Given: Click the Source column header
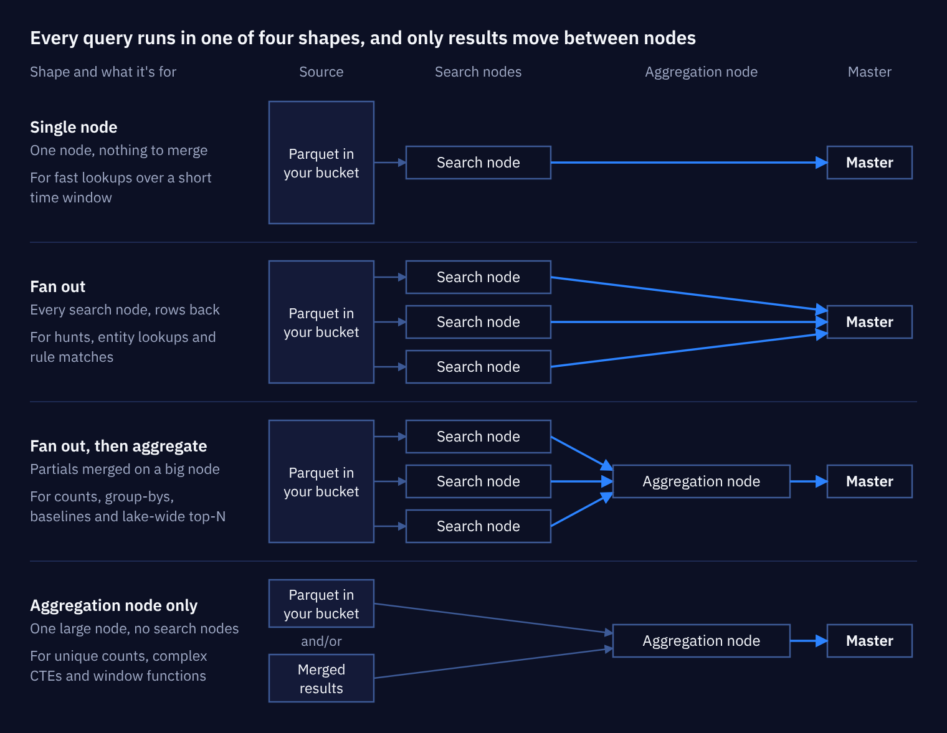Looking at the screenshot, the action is click(x=321, y=72).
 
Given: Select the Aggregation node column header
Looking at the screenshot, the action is click(x=701, y=72).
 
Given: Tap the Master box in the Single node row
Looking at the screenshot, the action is click(x=869, y=163).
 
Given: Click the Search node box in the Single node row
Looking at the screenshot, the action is click(x=478, y=163).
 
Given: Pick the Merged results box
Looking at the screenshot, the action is click(x=321, y=678).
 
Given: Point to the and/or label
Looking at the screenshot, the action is click(x=321, y=641).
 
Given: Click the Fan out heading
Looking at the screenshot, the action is click(x=57, y=286).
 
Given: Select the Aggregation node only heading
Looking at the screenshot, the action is click(x=114, y=605).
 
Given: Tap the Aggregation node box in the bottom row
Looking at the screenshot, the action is click(x=701, y=641).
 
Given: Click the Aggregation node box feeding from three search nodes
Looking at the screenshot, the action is click(x=701, y=481).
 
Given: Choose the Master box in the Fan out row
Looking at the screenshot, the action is click(x=869, y=322).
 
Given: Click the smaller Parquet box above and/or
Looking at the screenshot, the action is click(x=321, y=603).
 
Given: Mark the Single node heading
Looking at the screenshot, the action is click(x=74, y=127).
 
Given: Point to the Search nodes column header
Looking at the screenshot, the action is click(x=478, y=72).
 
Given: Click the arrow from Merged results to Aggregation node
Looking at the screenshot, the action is click(x=493, y=663).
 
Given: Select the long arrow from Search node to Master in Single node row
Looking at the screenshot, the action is click(x=689, y=163).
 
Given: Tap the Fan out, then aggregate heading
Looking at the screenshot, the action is click(x=118, y=446).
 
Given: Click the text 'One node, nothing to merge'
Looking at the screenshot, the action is click(x=118, y=150).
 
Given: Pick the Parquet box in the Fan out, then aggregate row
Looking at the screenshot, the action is click(x=321, y=481).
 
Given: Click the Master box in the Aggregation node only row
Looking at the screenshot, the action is click(x=869, y=641).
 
